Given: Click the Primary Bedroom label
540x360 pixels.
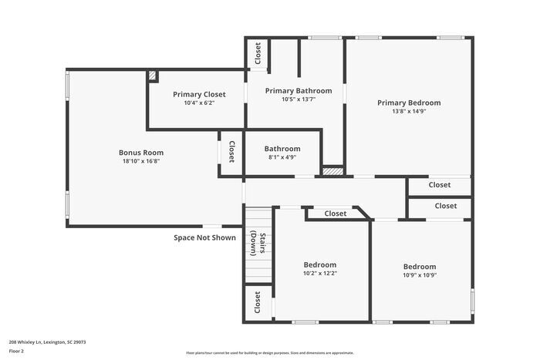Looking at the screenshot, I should coord(408,103).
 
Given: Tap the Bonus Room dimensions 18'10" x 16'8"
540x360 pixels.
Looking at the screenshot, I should coord(141,161).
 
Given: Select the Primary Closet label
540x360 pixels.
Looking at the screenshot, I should coord(199,93).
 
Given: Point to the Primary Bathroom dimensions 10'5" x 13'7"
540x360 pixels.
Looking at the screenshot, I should coord(298,99).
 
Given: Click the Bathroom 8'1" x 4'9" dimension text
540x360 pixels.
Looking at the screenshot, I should coord(282,157).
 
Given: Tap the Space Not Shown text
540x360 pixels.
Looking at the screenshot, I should coord(204,237).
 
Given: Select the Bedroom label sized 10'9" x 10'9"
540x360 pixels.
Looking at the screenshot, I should coord(419,266).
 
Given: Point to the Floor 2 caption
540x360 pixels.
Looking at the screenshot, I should coord(17,351).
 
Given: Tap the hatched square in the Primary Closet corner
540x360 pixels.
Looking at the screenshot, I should coord(153,76).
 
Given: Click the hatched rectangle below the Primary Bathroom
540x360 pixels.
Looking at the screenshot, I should coord(332,171).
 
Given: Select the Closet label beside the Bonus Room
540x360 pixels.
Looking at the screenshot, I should coord(231,151).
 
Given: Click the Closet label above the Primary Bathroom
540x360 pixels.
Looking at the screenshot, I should coord(258,54).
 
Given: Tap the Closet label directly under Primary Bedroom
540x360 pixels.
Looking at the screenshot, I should coord(439,185).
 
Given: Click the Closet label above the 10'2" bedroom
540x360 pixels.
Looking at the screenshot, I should coord(335,214).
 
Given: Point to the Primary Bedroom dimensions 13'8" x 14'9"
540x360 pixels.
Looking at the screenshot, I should coord(408,111).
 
